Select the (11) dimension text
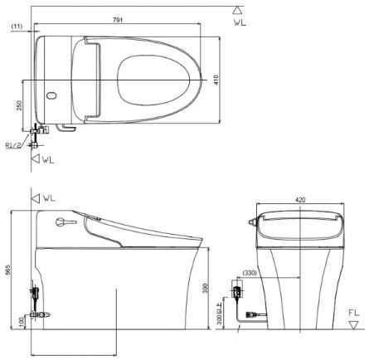pos(17,27)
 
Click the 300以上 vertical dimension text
pos(221,316)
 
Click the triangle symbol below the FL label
pos(355,326)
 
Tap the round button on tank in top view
pos(53,96)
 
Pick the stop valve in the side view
pos(35,296)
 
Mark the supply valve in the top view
pos(36,131)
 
